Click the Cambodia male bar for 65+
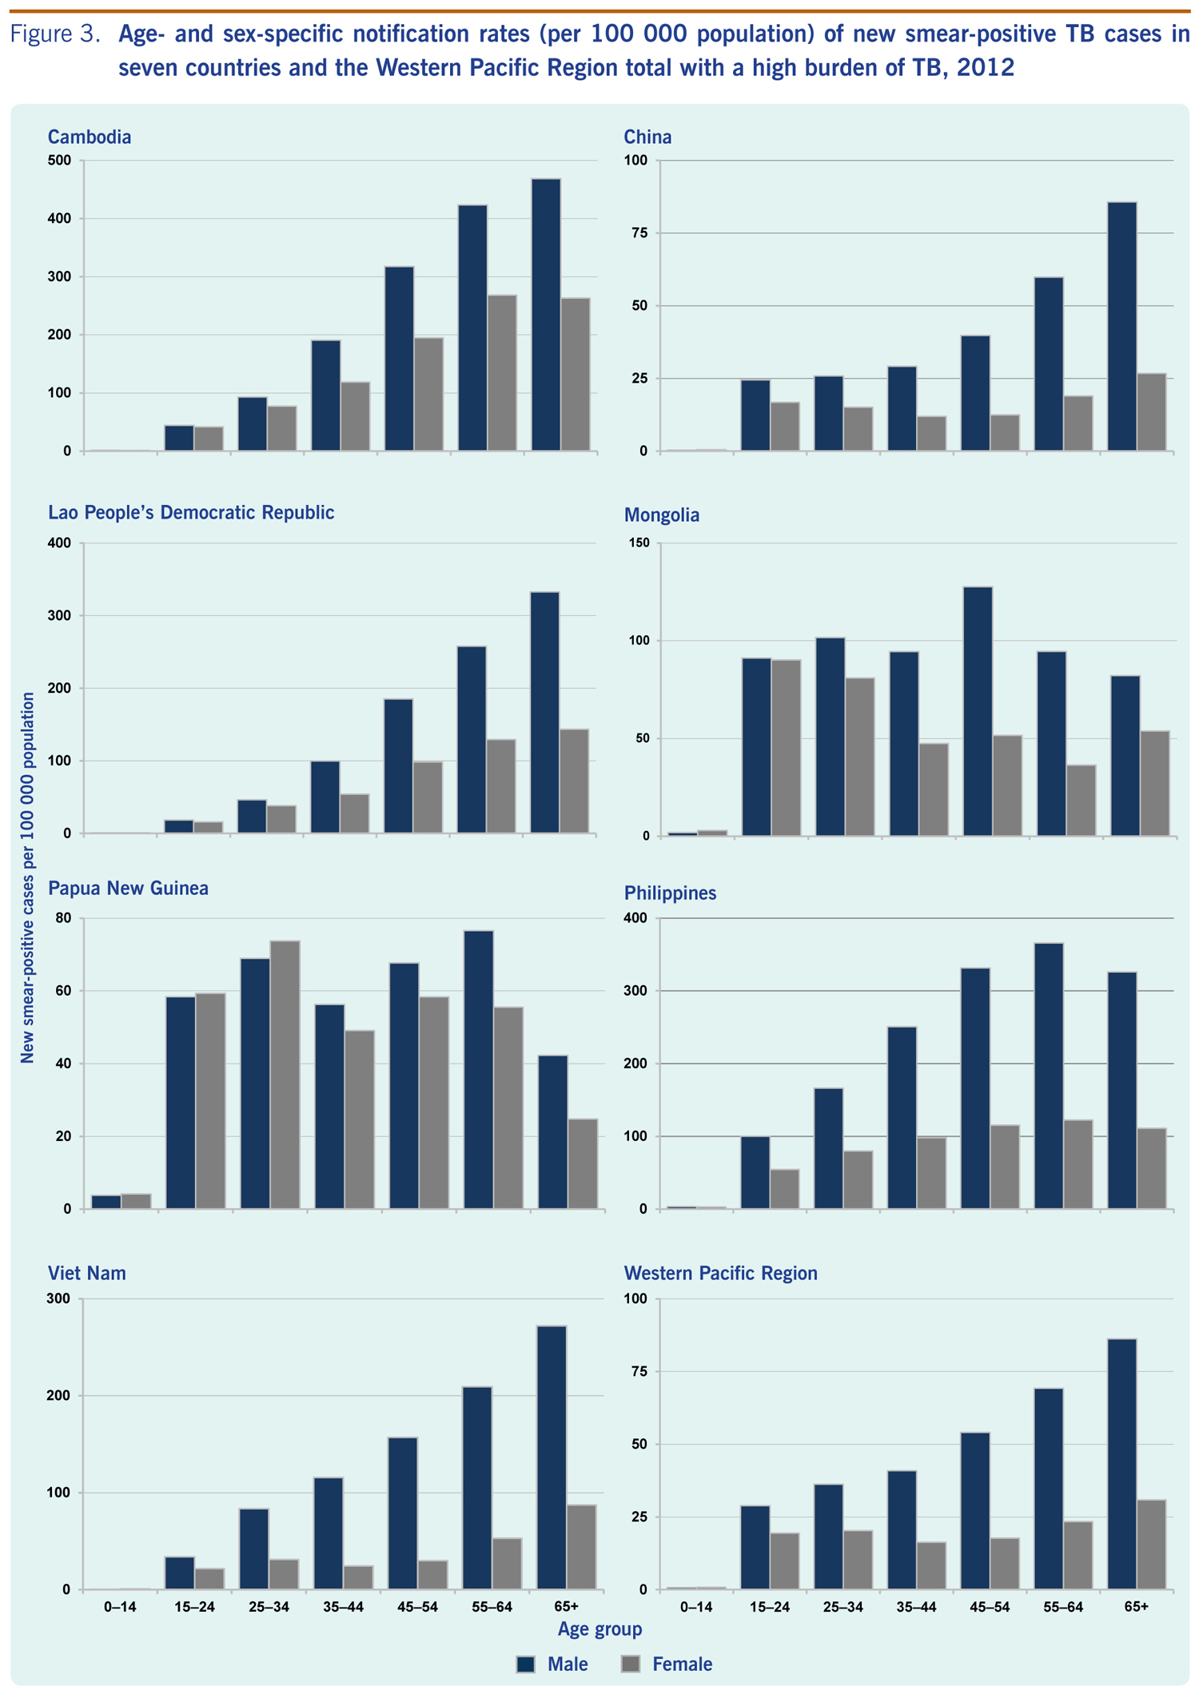(x=546, y=315)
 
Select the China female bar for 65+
(x=1151, y=412)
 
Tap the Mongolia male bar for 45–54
(x=978, y=711)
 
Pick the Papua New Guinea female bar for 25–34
(x=285, y=1075)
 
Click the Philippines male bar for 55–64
(x=1049, y=1076)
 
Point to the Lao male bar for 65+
(x=544, y=713)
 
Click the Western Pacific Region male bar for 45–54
(x=975, y=1511)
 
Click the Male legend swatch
(x=525, y=1664)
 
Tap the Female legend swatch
(x=631, y=1664)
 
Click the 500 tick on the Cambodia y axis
(x=61, y=161)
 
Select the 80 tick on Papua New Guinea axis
(x=63, y=918)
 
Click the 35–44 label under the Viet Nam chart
(x=344, y=1607)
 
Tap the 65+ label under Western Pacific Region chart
(x=1137, y=1607)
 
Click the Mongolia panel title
(x=661, y=515)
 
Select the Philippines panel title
(x=670, y=893)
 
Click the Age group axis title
(x=599, y=1628)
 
